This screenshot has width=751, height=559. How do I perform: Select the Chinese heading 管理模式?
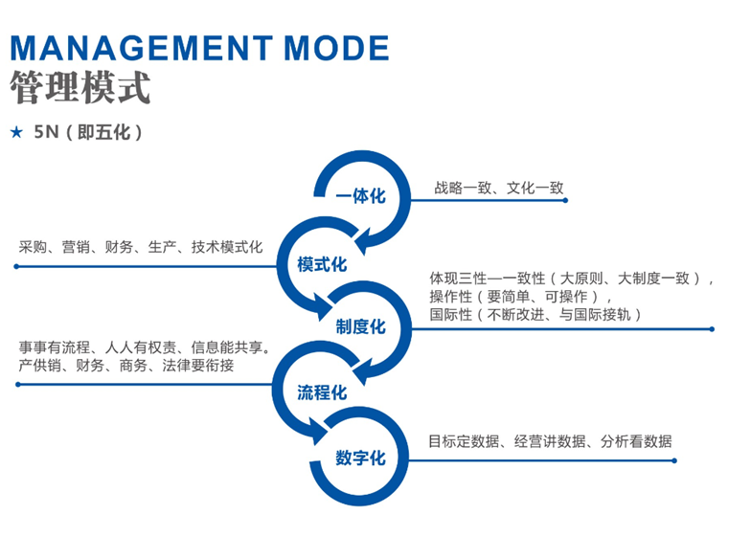[x=80, y=88]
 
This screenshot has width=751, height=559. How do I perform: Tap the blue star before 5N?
[x=15, y=132]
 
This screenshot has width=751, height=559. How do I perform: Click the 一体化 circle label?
[x=360, y=196]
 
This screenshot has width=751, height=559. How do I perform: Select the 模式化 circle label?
[x=322, y=264]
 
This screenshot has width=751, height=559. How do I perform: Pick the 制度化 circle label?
[x=360, y=327]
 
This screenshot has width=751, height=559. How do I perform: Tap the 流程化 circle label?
[x=322, y=391]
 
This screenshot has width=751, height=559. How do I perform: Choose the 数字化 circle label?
[x=360, y=458]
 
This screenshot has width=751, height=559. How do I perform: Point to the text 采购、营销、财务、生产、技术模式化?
[x=141, y=247]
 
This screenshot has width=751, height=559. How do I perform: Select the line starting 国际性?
[x=535, y=314]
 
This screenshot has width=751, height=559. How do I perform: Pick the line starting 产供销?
[x=125, y=365]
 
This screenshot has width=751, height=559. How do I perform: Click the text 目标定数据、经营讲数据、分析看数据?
[x=550, y=441]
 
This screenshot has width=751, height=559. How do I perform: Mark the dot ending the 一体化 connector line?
[x=566, y=201]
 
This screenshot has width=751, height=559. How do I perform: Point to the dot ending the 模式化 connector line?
[x=16, y=266]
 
